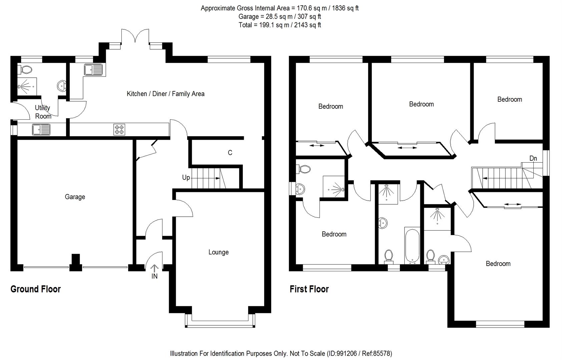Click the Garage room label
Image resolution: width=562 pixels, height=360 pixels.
tap(75, 197)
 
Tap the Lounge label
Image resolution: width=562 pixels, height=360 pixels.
tap(218, 252)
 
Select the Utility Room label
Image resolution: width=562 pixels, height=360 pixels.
tap(43, 112)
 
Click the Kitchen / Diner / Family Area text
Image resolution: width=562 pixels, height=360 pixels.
tap(165, 94)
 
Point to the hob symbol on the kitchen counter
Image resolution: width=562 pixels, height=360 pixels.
tap(119, 129)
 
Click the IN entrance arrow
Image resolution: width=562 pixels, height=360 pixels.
tap(154, 269)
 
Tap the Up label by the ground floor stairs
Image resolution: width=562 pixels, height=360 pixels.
tap(186, 178)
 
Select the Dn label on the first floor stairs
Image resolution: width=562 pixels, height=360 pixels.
tap(533, 158)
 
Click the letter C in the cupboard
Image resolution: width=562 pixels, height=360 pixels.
tap(230, 153)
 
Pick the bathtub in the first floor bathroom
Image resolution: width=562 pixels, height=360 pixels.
tap(412, 246)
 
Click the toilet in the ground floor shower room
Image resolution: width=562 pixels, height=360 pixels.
tap(26, 70)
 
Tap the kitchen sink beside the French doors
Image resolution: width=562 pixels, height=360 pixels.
tap(94, 70)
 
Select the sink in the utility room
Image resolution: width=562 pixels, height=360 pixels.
tap(41, 129)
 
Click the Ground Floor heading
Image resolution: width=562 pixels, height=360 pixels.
tap(35, 289)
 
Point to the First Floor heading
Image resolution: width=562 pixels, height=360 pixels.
tap(309, 289)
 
